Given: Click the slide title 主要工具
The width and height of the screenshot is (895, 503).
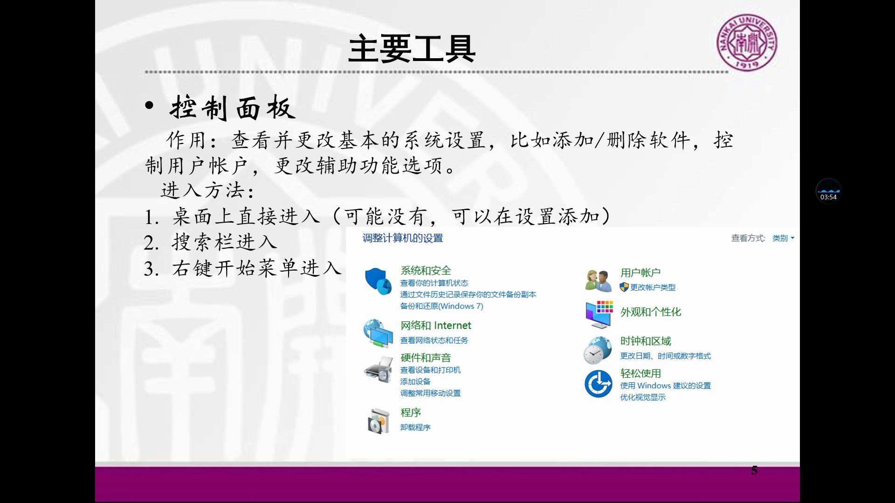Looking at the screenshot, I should pyautogui.click(x=412, y=49).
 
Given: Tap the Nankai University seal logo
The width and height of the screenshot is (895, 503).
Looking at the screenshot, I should pyautogui.click(x=747, y=42).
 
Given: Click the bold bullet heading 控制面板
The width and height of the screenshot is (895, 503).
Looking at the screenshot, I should pyautogui.click(x=232, y=108).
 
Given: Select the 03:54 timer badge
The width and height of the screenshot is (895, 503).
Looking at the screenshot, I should pyautogui.click(x=828, y=191).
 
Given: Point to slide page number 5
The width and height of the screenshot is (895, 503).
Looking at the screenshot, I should pyautogui.click(x=754, y=470).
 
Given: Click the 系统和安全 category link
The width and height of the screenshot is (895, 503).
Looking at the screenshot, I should pyautogui.click(x=426, y=271).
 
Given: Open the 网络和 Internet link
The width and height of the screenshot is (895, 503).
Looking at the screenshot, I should pyautogui.click(x=435, y=326).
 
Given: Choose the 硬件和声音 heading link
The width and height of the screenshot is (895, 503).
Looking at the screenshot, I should pyautogui.click(x=426, y=358).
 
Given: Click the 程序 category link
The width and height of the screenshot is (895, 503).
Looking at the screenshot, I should pyautogui.click(x=411, y=413).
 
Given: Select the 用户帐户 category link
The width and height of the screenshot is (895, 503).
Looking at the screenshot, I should pyautogui.click(x=640, y=273).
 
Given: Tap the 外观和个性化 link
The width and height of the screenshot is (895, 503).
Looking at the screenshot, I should pyautogui.click(x=650, y=312).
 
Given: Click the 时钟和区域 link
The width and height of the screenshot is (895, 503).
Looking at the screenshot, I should pyautogui.click(x=645, y=341).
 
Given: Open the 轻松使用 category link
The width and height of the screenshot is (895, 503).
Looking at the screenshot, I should pyautogui.click(x=640, y=373).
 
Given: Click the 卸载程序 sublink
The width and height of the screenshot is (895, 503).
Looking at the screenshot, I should pyautogui.click(x=415, y=428).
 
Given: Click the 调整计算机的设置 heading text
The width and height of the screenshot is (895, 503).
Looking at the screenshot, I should pyautogui.click(x=403, y=238).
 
